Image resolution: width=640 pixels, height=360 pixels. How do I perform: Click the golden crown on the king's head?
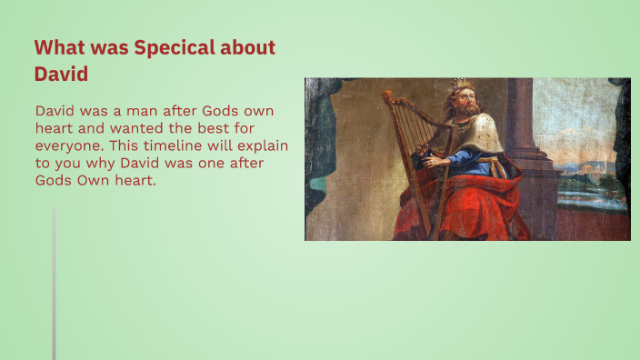[463, 85]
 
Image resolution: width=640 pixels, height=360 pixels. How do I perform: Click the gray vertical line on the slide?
[54, 282]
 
